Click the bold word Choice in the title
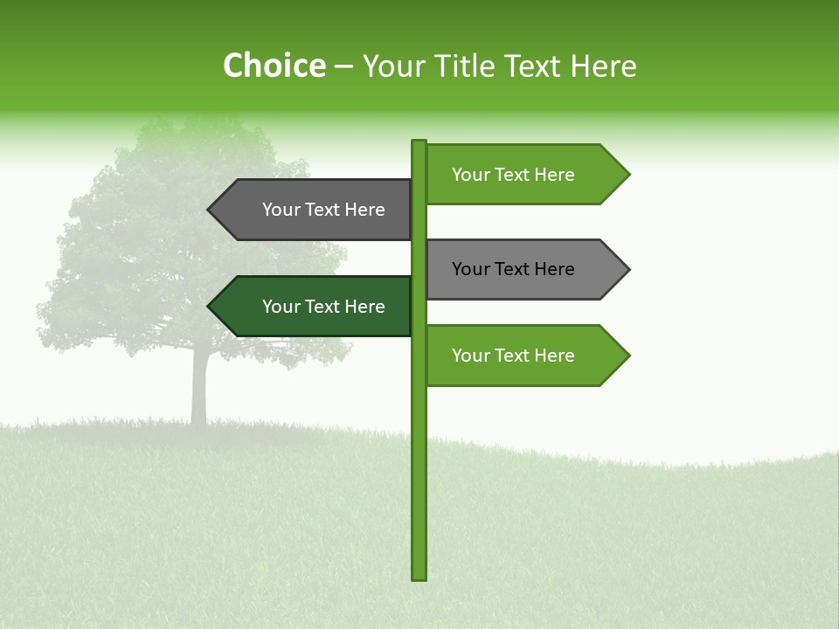click(x=274, y=66)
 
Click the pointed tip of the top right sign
click(x=627, y=175)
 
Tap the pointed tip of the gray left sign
click(x=211, y=210)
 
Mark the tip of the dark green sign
click(x=211, y=307)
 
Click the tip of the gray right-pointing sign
click(x=627, y=269)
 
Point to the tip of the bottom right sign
click(x=627, y=356)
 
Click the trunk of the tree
click(x=199, y=389)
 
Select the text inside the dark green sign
click(x=323, y=307)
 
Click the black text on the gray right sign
click(x=513, y=269)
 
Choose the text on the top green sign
click(x=513, y=175)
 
